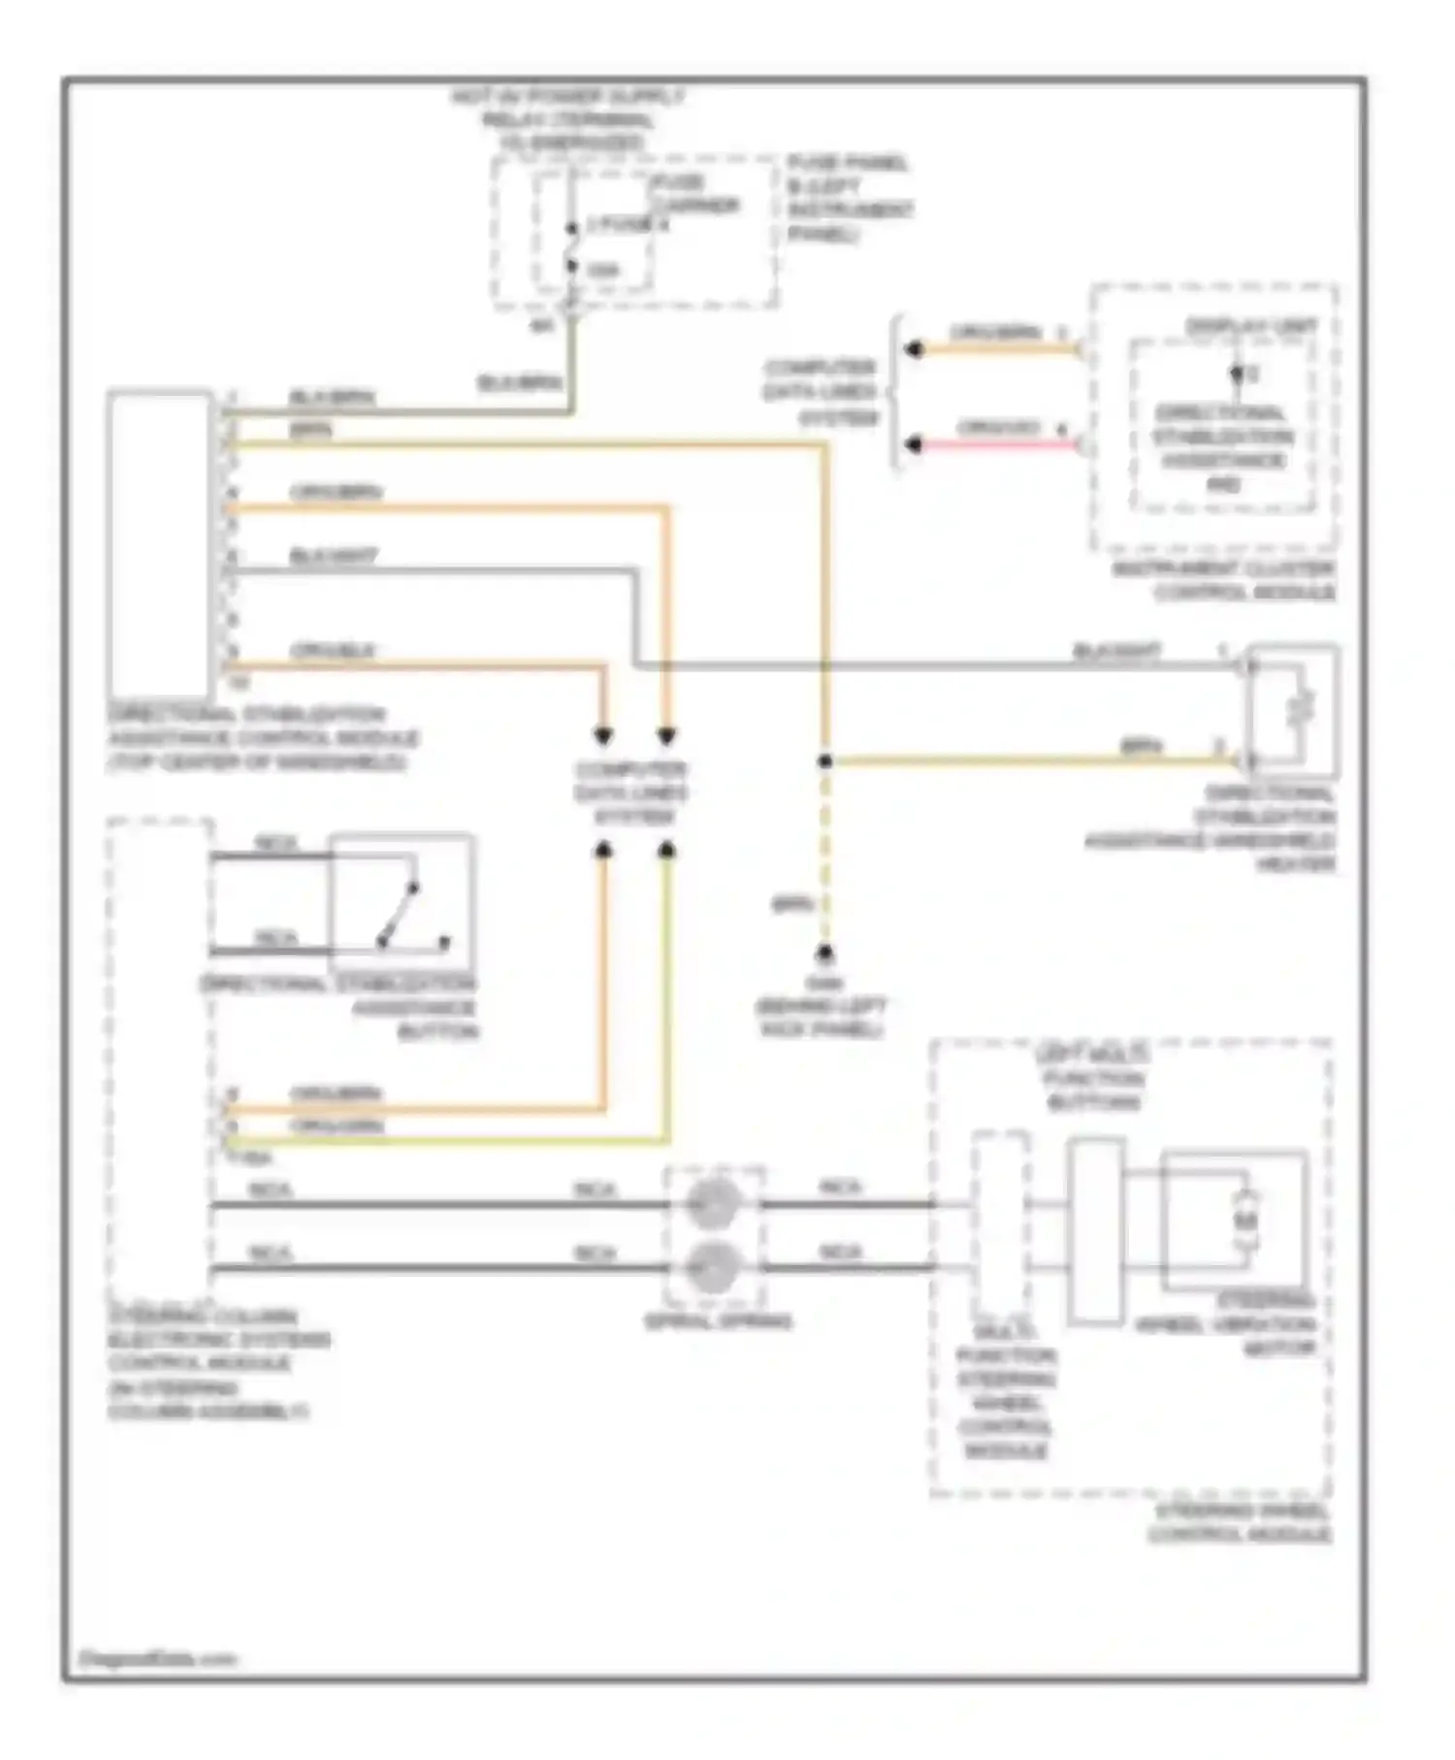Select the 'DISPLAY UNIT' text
pos(1251,327)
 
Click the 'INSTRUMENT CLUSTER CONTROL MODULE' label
pos(1224,580)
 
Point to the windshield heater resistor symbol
pos(1301,708)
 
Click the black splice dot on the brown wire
pos(824,762)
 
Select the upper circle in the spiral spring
pos(713,1203)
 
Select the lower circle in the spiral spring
pos(713,1267)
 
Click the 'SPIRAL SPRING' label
pos(719,1321)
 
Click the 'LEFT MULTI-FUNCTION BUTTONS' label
pos(1092,1078)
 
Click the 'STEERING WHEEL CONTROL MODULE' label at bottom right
pos(1241,1522)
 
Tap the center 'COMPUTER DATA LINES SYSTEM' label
pos(630,793)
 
